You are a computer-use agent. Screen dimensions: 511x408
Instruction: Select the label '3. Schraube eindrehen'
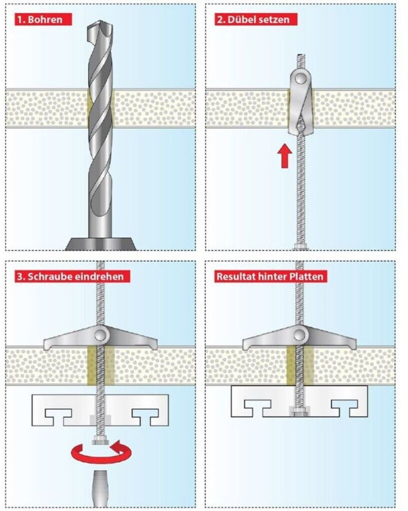(x=71, y=275)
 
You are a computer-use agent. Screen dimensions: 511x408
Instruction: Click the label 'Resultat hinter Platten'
(x=270, y=275)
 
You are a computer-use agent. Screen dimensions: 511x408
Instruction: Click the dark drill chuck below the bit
(x=100, y=244)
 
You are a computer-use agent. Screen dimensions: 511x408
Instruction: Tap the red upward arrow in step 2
(x=284, y=156)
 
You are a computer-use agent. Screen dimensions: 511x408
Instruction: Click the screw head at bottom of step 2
(x=300, y=247)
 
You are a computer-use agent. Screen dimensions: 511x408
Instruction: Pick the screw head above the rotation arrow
(x=100, y=440)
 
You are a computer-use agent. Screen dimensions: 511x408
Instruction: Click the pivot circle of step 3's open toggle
(x=100, y=333)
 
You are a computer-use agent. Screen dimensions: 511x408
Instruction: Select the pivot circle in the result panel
(x=300, y=333)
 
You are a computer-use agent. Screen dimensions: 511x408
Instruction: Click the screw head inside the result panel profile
(x=300, y=411)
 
